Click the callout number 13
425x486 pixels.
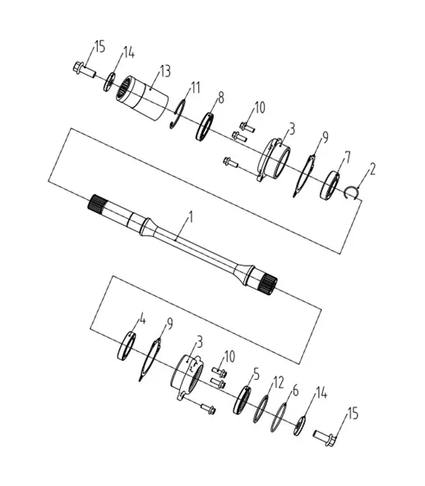click(165, 71)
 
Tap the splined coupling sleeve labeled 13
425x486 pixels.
click(142, 98)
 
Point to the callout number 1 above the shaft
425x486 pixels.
click(191, 217)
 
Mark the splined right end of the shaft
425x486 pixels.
click(269, 285)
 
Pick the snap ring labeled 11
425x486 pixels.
click(178, 114)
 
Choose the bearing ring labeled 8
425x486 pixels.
click(205, 127)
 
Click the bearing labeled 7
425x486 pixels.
click(330, 185)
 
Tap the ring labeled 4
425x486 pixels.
click(127, 345)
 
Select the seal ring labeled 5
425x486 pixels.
click(242, 400)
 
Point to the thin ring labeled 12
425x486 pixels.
click(261, 409)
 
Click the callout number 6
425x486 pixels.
click(295, 391)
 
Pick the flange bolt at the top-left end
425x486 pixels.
click(84, 70)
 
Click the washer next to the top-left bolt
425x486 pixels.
click(109, 82)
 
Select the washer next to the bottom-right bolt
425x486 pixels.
click(299, 425)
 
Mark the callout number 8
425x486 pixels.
click(220, 98)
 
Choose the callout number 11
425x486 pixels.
click(195, 88)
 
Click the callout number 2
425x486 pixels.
click(372, 169)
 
